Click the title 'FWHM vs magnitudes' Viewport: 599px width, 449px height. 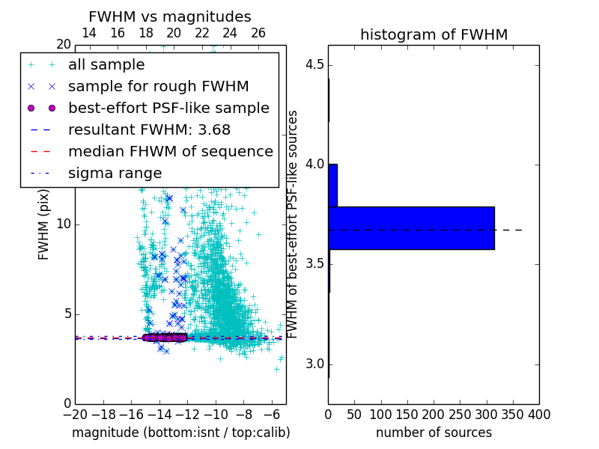[x=170, y=16]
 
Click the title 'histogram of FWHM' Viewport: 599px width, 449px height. [x=434, y=34]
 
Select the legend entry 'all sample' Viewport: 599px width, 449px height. [x=106, y=65]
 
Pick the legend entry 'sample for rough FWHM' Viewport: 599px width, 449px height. [x=158, y=86]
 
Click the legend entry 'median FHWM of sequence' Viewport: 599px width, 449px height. [x=170, y=151]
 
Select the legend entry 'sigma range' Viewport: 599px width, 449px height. [x=115, y=173]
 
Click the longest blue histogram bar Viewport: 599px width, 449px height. [x=411, y=227]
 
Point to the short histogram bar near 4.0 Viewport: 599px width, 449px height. [x=332, y=185]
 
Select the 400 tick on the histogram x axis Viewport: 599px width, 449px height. [x=538, y=413]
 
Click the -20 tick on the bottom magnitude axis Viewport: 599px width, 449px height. [x=74, y=413]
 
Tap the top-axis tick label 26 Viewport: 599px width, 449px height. [x=258, y=33]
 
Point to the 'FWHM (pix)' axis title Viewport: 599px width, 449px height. [x=44, y=225]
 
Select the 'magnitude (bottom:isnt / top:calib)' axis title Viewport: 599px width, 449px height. [x=180, y=433]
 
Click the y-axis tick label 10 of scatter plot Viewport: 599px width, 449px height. [x=63, y=224]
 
